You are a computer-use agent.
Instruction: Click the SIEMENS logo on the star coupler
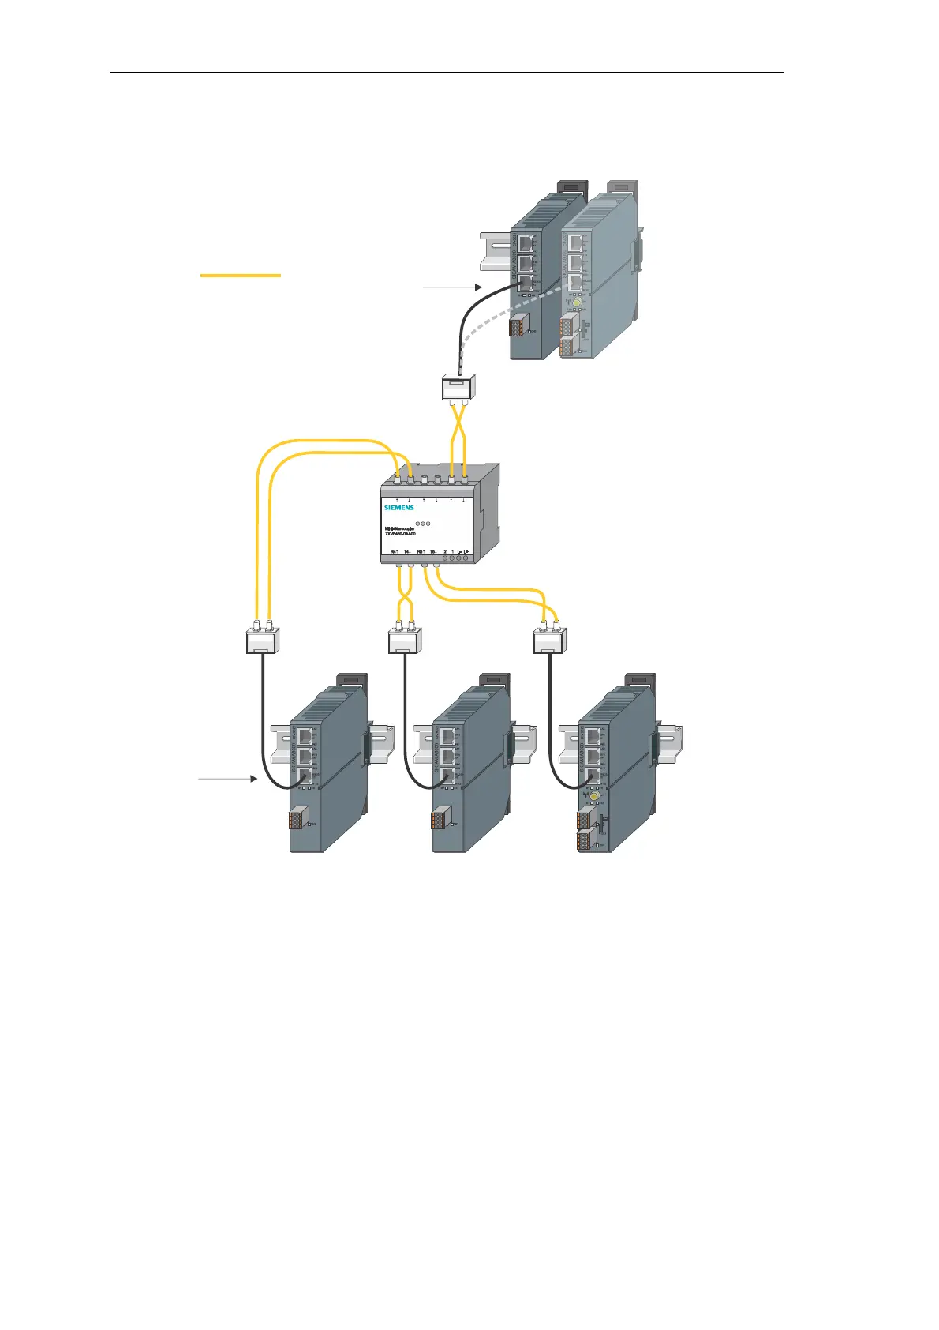point(399,508)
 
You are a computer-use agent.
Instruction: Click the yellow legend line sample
point(241,275)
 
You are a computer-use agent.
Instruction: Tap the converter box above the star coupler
point(456,387)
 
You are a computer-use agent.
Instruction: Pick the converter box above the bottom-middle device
point(405,641)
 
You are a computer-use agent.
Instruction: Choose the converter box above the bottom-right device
point(549,641)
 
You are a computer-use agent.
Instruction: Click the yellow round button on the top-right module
point(577,303)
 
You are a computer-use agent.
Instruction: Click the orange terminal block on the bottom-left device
point(297,819)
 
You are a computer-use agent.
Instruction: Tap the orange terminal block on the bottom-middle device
point(440,819)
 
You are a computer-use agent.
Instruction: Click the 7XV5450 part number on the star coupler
point(400,534)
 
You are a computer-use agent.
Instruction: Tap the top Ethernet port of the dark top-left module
point(526,244)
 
